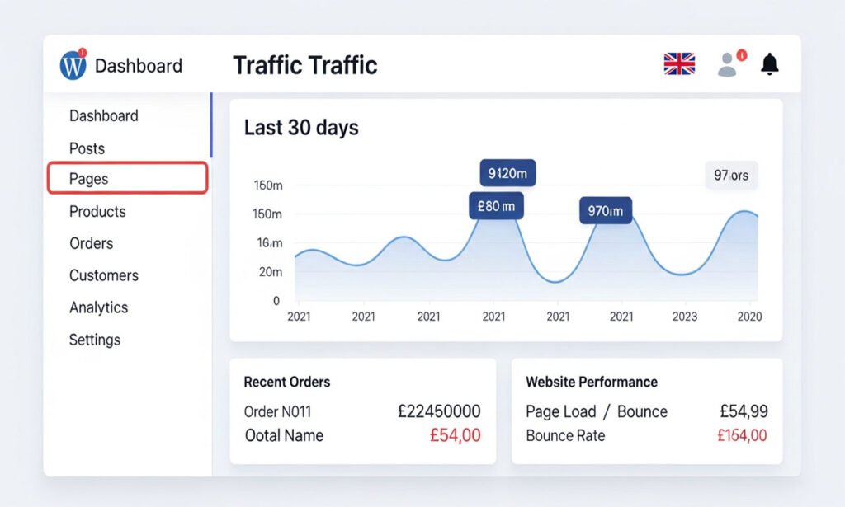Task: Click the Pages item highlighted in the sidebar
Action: point(127,179)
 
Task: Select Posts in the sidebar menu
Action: point(87,148)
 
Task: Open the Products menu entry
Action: point(97,211)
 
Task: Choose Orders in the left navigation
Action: point(91,243)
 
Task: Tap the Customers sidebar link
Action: point(103,275)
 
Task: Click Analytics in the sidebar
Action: point(98,307)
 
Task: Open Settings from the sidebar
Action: point(94,340)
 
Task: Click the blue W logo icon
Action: point(73,65)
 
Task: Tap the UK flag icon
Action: point(679,64)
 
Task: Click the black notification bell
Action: point(769,63)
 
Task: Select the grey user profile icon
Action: point(727,65)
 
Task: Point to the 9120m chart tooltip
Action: point(507,173)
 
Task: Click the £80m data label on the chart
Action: point(495,206)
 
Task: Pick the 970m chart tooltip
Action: point(606,211)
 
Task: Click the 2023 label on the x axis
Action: point(684,317)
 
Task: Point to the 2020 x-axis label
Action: point(748,317)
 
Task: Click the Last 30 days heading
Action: point(301,128)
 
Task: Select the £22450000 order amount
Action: point(438,411)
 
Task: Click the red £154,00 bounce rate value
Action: point(742,435)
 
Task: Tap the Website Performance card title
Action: point(592,382)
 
